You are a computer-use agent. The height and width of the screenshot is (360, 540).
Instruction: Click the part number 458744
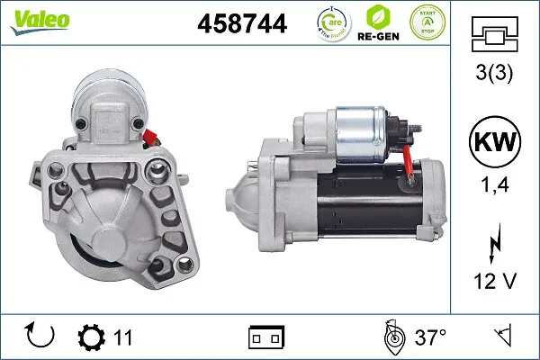[x=241, y=24]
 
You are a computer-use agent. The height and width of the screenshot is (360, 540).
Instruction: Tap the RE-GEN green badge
[x=378, y=24]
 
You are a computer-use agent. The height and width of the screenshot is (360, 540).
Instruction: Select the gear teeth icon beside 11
[x=91, y=338]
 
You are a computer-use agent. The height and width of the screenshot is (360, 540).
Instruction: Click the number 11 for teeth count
[x=123, y=338]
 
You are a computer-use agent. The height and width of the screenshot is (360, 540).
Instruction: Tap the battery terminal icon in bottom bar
[x=265, y=338]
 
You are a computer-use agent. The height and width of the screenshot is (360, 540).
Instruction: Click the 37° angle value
[x=431, y=338]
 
